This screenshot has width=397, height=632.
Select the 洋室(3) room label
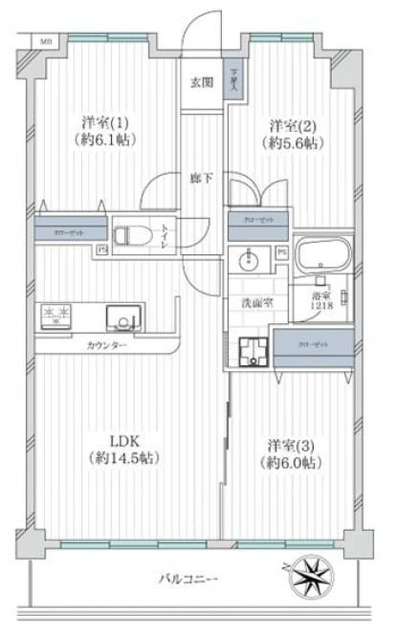tap(293, 445)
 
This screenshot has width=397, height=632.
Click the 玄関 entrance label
tap(200, 81)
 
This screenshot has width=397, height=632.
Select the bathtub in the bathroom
tap(323, 255)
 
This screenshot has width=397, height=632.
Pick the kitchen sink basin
tap(121, 317)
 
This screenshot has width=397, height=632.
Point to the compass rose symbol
tap(312, 577)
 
